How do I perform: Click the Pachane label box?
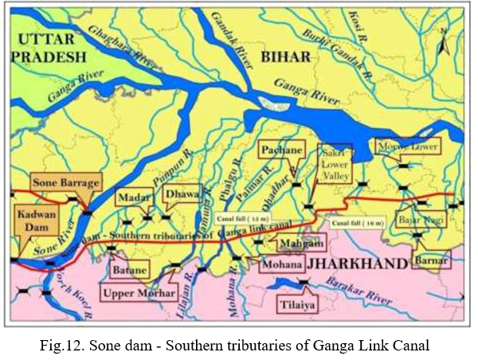pos(280,150)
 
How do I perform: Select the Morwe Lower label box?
pos(407,147)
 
